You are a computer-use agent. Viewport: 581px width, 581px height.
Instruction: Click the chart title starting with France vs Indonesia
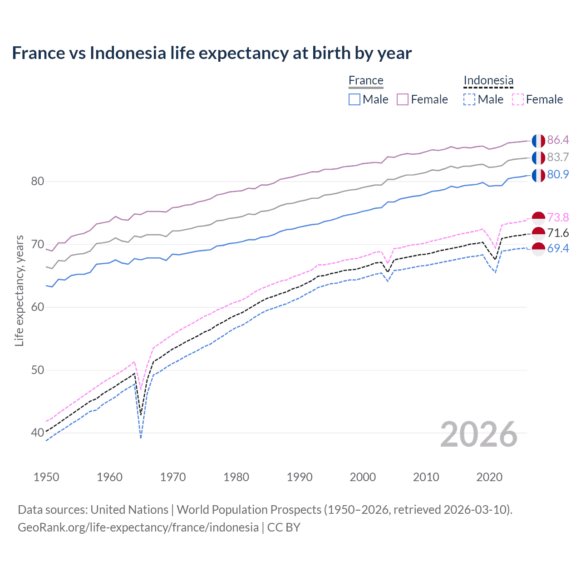click(x=212, y=53)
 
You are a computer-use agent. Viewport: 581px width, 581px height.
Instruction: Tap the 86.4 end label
click(x=558, y=140)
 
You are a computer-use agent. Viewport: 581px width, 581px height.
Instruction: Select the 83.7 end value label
click(x=558, y=157)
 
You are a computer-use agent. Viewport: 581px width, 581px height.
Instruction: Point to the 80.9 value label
click(x=558, y=174)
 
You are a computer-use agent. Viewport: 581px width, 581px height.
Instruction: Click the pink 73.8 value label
click(x=558, y=217)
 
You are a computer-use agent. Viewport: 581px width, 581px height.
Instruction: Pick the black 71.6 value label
click(x=558, y=233)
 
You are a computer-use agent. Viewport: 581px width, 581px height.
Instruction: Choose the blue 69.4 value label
click(x=558, y=248)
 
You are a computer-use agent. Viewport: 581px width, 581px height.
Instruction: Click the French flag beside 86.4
click(x=538, y=141)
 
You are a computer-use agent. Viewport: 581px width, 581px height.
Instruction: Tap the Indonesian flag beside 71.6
click(x=538, y=234)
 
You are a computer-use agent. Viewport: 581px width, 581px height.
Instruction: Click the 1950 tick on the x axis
click(x=46, y=477)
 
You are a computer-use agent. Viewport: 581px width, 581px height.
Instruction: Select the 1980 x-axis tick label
click(x=236, y=477)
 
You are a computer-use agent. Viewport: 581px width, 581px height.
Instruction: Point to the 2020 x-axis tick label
click(x=489, y=477)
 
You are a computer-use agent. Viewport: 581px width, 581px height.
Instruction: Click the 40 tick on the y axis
click(x=38, y=433)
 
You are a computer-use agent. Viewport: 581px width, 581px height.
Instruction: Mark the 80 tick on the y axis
click(x=38, y=182)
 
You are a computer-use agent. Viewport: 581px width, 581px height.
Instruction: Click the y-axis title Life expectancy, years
click(x=20, y=290)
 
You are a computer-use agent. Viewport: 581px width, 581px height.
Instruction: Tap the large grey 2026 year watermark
click(x=479, y=434)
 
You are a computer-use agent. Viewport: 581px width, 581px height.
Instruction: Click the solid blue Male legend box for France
click(x=355, y=99)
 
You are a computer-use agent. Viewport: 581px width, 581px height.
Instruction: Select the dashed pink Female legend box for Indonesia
click(x=518, y=99)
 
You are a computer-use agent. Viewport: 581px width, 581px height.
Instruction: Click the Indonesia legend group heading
click(x=488, y=80)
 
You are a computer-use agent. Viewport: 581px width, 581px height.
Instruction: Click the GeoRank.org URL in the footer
click(x=138, y=527)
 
